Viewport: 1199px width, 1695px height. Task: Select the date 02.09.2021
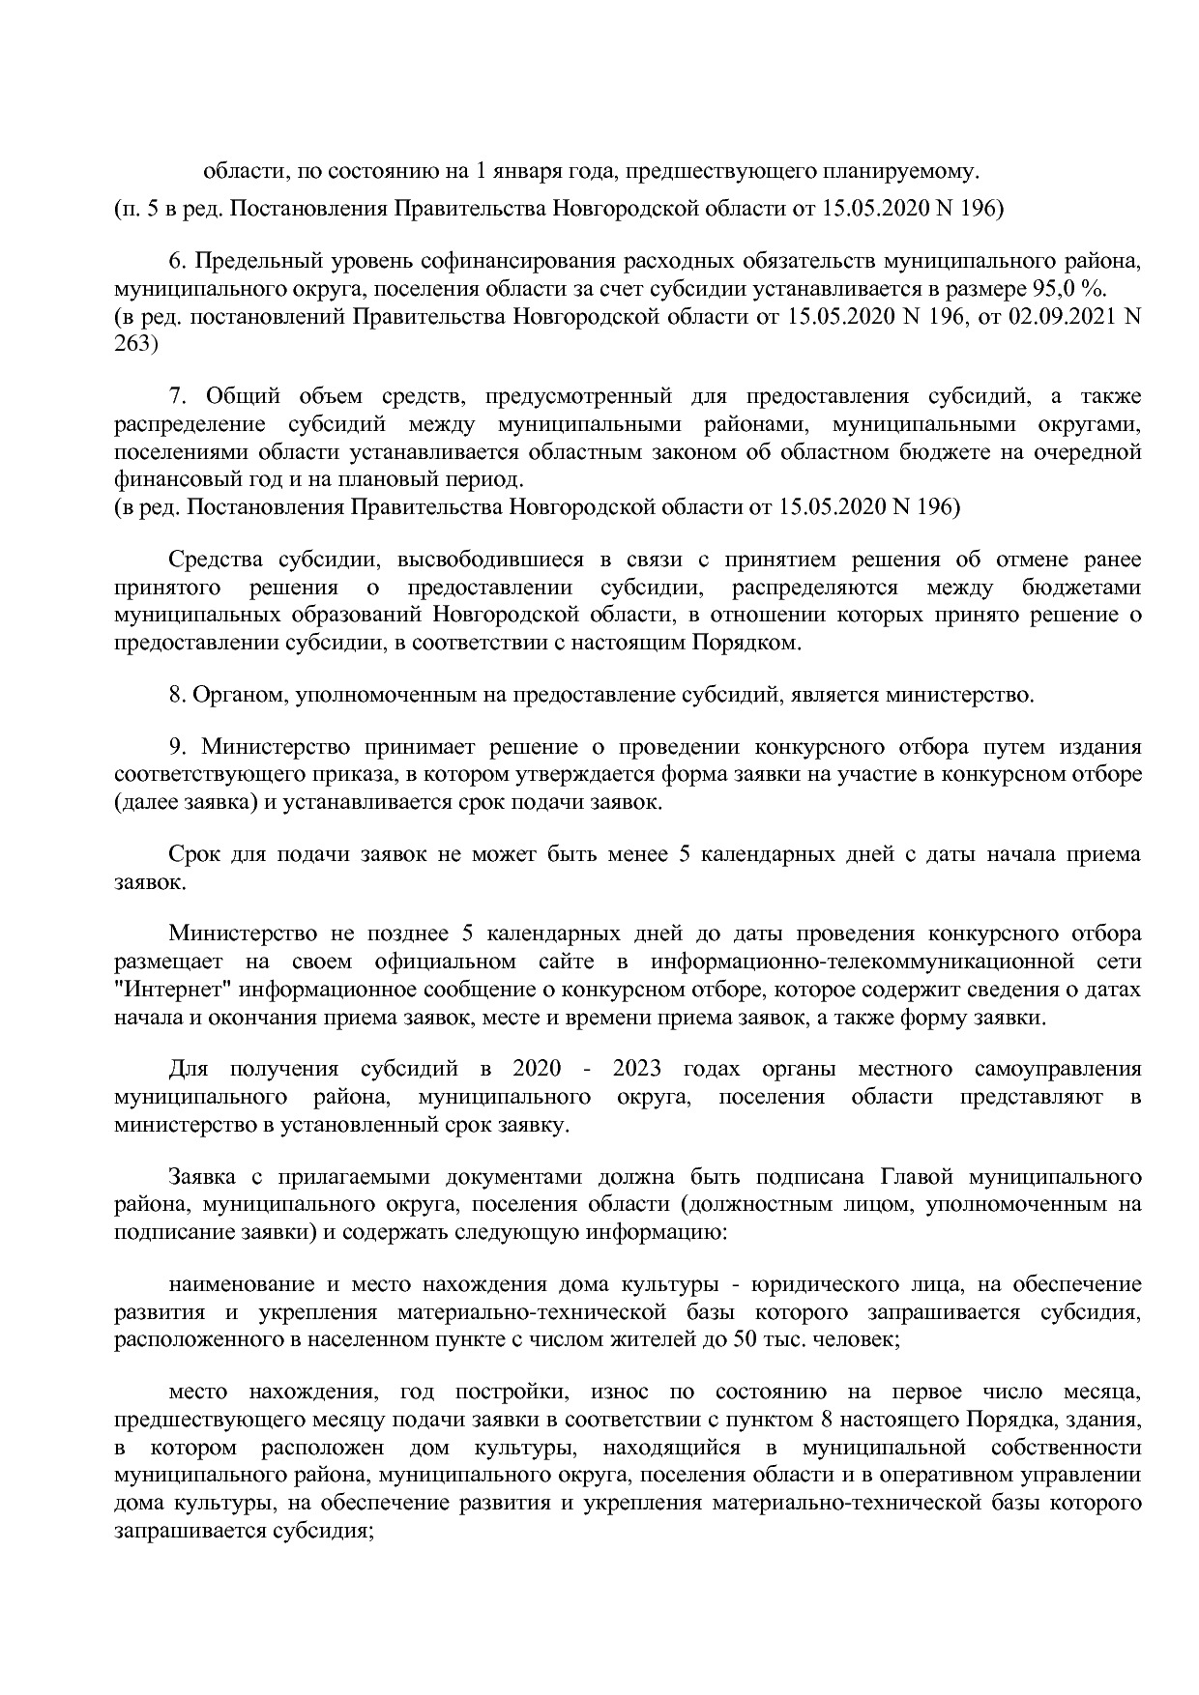coord(1058,316)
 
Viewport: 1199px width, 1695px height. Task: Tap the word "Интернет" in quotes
coord(172,991)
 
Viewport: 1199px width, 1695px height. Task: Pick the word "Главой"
coord(918,1178)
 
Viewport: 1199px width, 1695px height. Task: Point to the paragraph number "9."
coord(178,747)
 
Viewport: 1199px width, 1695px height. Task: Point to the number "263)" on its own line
coord(136,343)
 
